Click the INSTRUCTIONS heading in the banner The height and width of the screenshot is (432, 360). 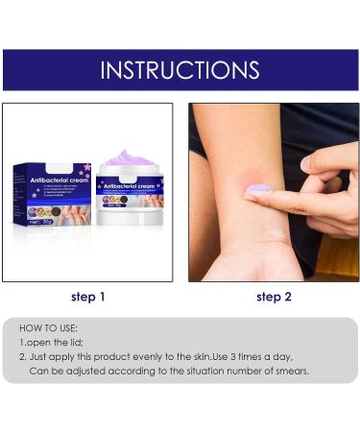[180, 70]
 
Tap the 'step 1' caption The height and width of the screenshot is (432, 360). [87, 297]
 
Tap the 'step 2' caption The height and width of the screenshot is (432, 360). [274, 297]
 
